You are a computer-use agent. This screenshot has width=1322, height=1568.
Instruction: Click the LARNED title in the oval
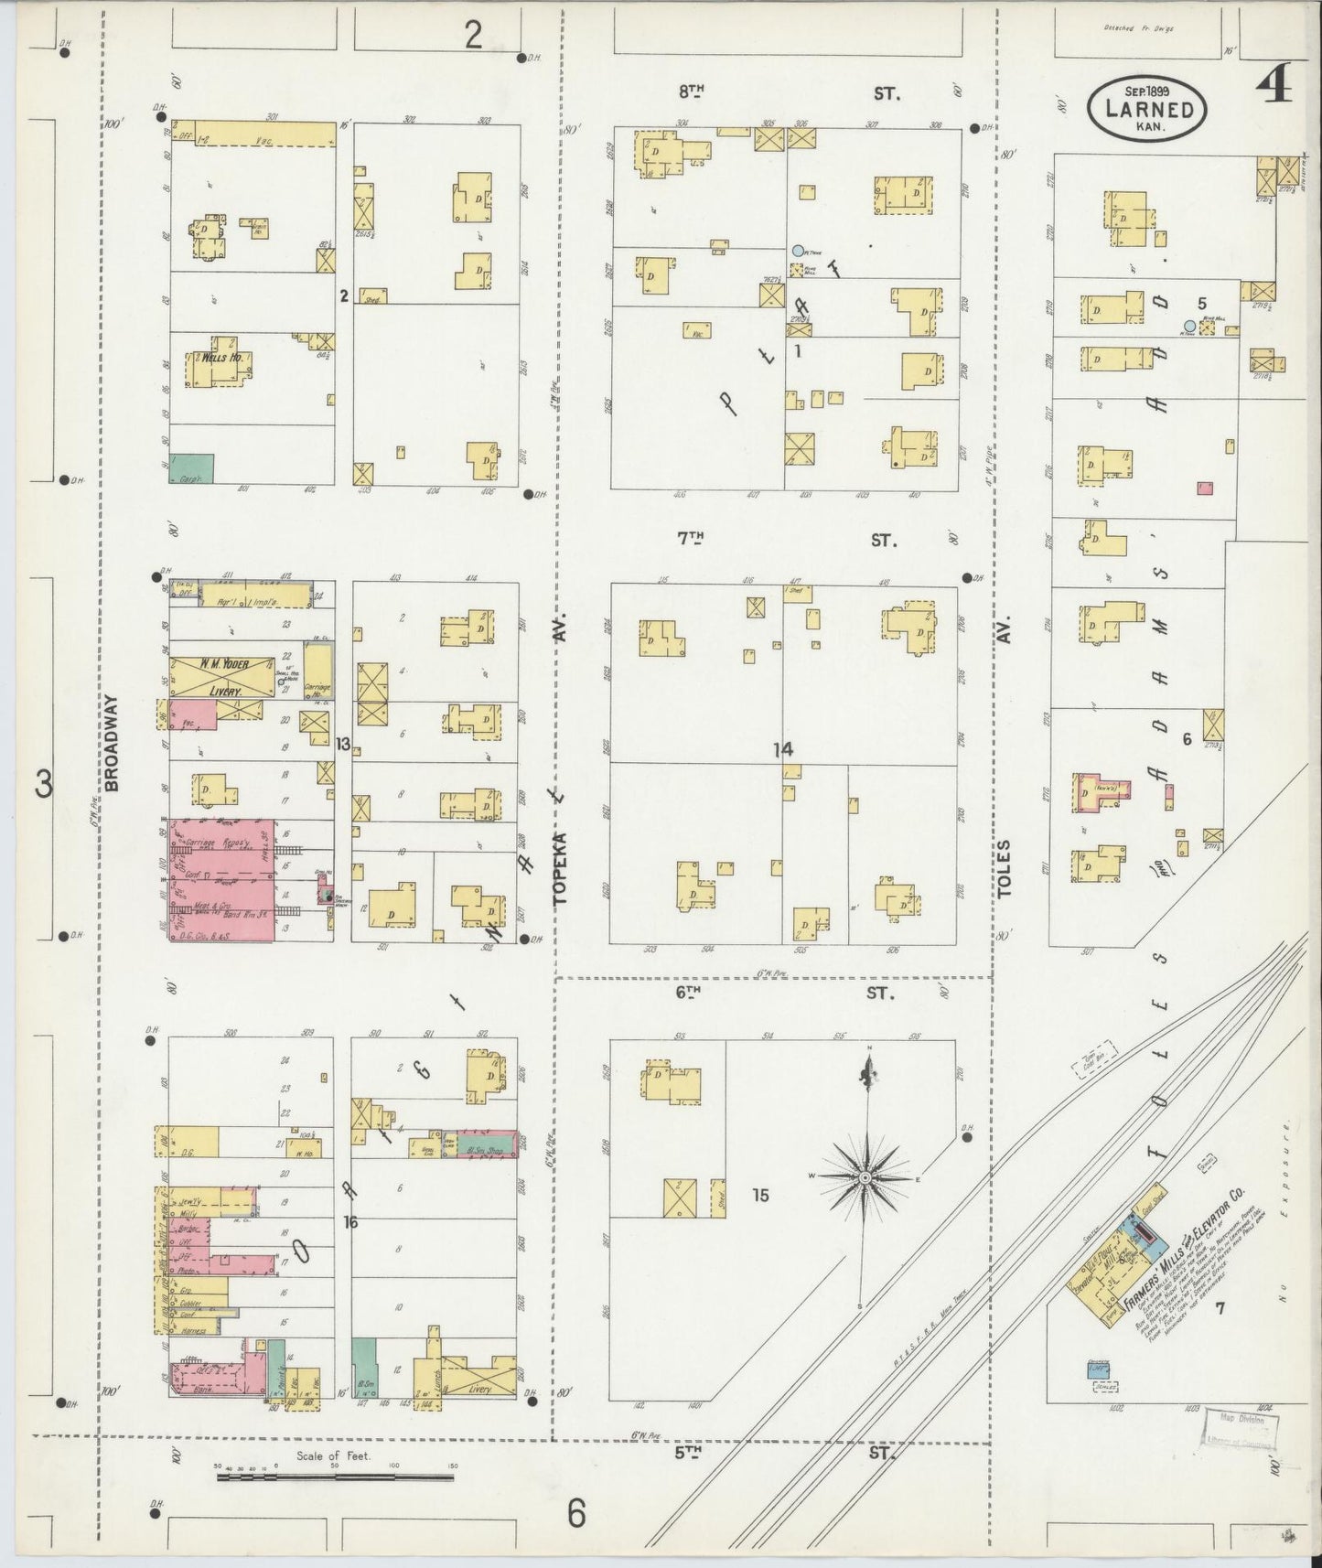(x=1147, y=110)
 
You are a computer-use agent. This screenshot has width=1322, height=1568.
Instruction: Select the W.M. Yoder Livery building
(x=223, y=678)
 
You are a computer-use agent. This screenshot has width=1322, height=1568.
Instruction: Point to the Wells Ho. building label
(x=222, y=358)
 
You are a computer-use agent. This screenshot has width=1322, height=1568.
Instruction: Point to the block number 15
(x=760, y=1195)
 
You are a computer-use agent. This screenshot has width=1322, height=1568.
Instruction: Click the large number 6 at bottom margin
(x=575, y=1515)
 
